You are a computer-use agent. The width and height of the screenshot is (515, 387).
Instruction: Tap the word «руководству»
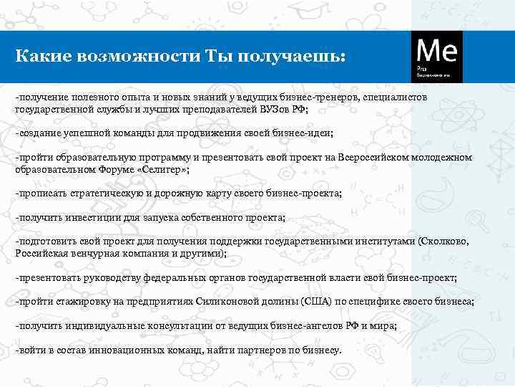point(112,277)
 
